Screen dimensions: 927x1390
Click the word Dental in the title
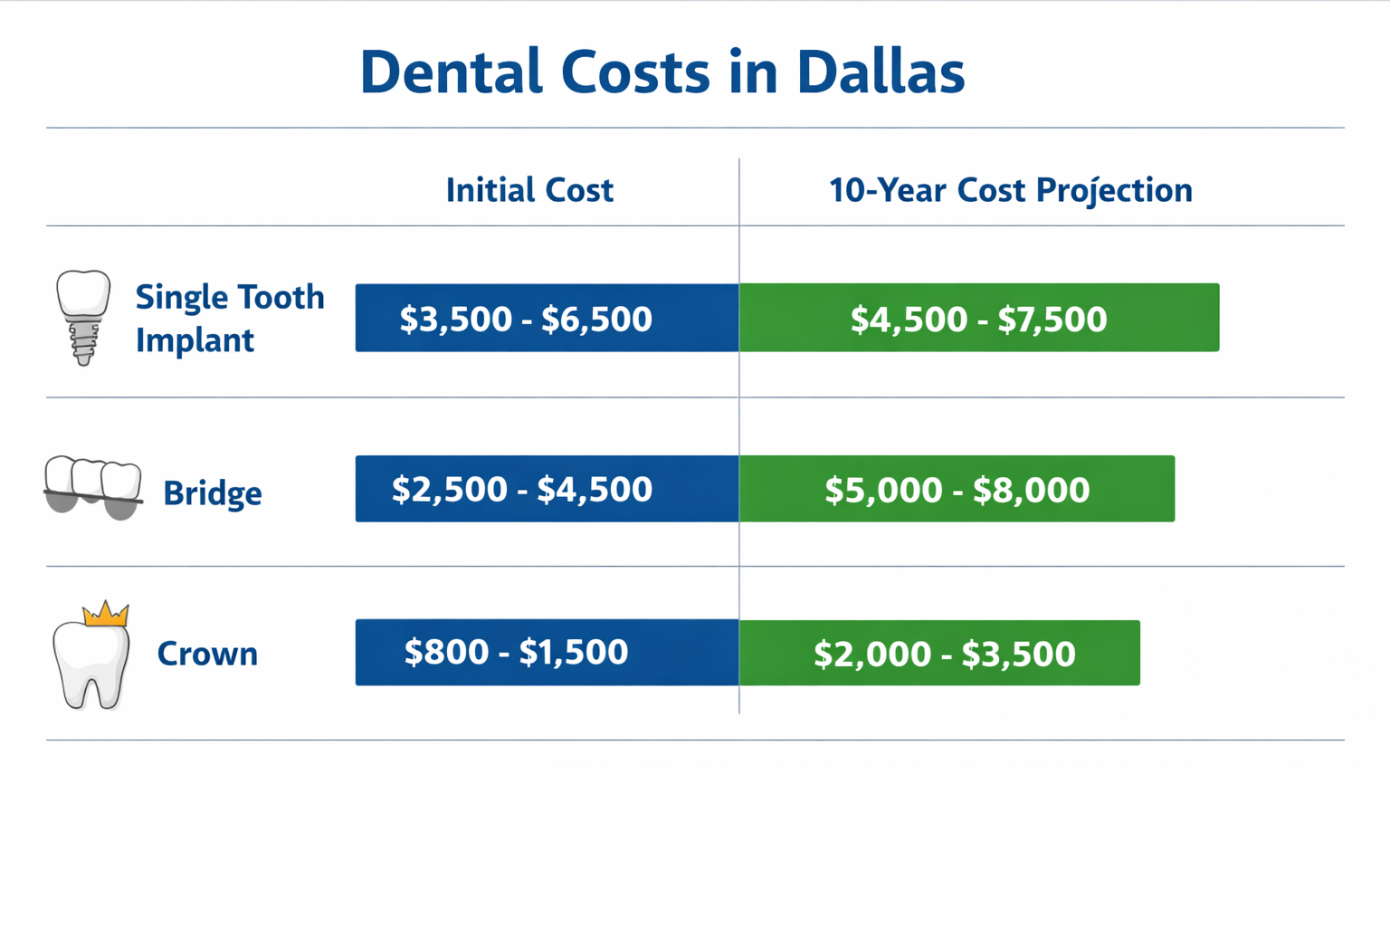[450, 72]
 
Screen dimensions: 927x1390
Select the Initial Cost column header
[529, 190]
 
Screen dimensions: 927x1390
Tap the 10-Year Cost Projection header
[1010, 190]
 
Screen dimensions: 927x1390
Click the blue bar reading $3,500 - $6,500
[547, 318]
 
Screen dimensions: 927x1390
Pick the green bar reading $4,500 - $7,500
[978, 318]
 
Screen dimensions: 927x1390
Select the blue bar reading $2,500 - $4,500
[547, 489]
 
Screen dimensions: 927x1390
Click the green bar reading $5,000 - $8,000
[957, 489]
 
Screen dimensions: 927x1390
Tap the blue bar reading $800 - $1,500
[547, 652]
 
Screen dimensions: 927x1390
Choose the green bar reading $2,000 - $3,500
[939, 653]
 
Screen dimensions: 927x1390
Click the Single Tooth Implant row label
[230, 318]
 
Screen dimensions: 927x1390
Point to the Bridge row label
[213, 493]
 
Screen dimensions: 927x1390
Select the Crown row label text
[207, 654]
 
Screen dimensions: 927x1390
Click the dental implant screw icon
[83, 317]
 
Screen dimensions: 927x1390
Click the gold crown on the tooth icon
[106, 615]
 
